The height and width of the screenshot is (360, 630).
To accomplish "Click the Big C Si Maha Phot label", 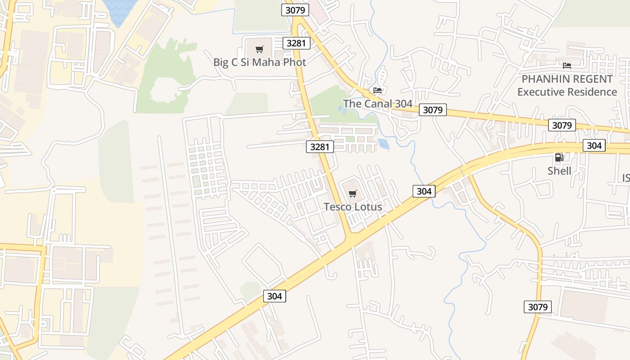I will (260, 62).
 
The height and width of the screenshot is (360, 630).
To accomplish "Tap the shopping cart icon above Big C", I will (259, 49).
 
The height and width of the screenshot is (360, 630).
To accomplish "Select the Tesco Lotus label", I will (353, 207).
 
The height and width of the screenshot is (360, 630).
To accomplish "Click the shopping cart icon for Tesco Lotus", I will (353, 194).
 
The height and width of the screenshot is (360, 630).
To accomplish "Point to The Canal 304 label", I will (378, 104).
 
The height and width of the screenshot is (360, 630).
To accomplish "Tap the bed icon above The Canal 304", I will (378, 90).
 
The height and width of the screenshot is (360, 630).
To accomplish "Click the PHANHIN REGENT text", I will (567, 79).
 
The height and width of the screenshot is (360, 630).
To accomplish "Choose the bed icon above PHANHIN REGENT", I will (567, 66).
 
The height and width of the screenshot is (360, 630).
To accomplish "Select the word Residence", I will (594, 92).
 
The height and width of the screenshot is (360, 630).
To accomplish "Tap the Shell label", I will (559, 171).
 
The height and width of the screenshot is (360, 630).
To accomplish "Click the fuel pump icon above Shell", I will (559, 157).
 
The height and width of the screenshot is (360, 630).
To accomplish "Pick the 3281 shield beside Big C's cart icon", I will (296, 43).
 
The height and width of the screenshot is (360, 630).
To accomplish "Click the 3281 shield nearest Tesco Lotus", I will (320, 146).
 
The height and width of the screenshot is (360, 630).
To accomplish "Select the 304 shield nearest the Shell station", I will (594, 145).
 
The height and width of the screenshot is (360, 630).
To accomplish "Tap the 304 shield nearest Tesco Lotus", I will (424, 191).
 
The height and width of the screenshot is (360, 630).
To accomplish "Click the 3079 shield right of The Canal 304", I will (433, 110).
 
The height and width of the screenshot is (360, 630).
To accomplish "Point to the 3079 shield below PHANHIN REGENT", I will (562, 125).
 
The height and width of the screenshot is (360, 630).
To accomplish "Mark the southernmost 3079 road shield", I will (537, 307).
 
